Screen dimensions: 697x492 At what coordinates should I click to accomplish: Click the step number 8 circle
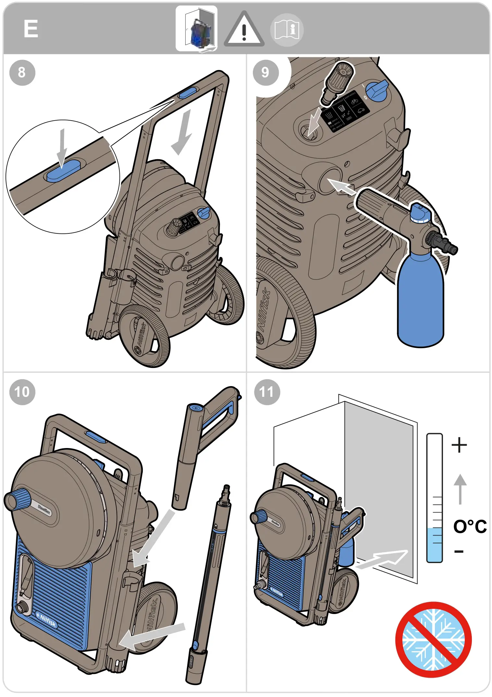pos(22,73)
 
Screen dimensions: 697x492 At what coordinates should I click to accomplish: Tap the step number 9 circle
pos(265,73)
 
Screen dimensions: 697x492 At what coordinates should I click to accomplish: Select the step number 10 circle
pos(22,392)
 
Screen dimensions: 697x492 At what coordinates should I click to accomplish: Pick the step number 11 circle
pos(267,392)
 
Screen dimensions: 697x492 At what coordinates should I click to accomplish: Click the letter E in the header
pos(31,29)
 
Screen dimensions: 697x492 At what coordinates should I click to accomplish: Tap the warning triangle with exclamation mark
pos(244,30)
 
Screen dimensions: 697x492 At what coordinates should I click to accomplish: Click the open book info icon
pos(287,30)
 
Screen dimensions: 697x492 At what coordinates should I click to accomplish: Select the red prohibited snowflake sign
pos(433,640)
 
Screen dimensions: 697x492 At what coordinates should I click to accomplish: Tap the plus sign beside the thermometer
pos(459,445)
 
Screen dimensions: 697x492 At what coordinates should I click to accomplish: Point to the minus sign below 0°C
pos(459,551)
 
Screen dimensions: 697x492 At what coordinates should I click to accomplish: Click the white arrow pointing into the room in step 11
pos(383,559)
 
